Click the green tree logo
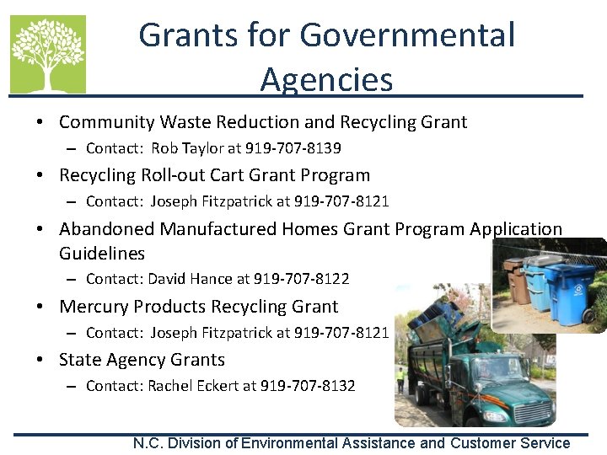48,54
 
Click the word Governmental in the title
407,35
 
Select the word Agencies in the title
326,79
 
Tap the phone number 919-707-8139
293,148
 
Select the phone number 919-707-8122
301,278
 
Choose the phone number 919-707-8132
308,386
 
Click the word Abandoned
108,229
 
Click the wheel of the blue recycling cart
588,318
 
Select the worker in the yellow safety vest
401,377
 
